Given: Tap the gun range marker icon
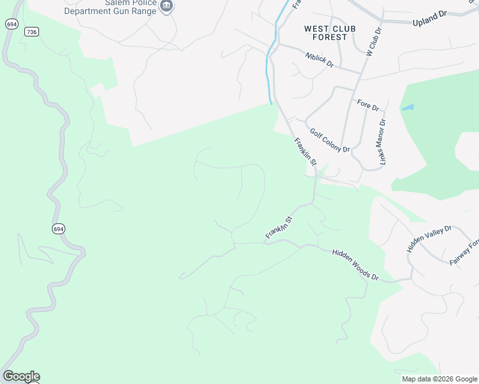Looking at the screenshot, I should [x=167, y=6].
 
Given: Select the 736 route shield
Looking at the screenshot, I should [x=31, y=31].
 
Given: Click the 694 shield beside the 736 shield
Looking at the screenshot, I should [x=11, y=24].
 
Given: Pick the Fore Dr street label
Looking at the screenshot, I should [x=368, y=104].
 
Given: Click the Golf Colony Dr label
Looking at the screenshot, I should [x=330, y=140].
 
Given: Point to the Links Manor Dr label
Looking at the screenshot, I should [x=383, y=142].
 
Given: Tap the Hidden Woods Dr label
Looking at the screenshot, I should [x=355, y=265].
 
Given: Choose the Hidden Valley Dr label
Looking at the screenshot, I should [x=429, y=238].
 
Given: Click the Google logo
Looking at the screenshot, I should [x=21, y=376].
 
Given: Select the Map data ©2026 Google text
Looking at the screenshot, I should [x=439, y=379].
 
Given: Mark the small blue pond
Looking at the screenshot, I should [x=407, y=108].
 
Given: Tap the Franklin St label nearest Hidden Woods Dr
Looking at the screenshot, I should [x=279, y=228].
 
